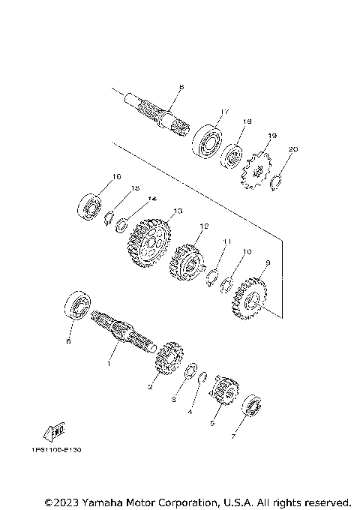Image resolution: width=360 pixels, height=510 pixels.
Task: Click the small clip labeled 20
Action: pyautogui.click(x=276, y=181)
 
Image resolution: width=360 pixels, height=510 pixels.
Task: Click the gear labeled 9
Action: pyautogui.click(x=250, y=301)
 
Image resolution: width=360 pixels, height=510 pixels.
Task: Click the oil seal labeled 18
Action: pyautogui.click(x=233, y=155)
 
